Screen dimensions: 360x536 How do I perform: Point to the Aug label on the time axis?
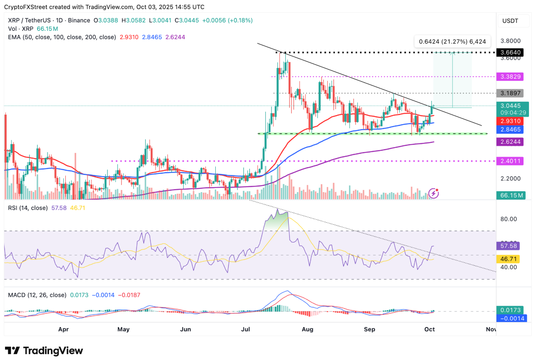(x=307, y=329)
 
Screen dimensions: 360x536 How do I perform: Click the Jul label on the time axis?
(x=246, y=329)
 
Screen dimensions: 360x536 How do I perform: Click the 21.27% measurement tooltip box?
(x=452, y=41)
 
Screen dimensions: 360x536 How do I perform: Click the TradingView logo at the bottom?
(x=44, y=350)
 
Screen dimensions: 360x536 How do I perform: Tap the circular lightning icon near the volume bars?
(x=434, y=193)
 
